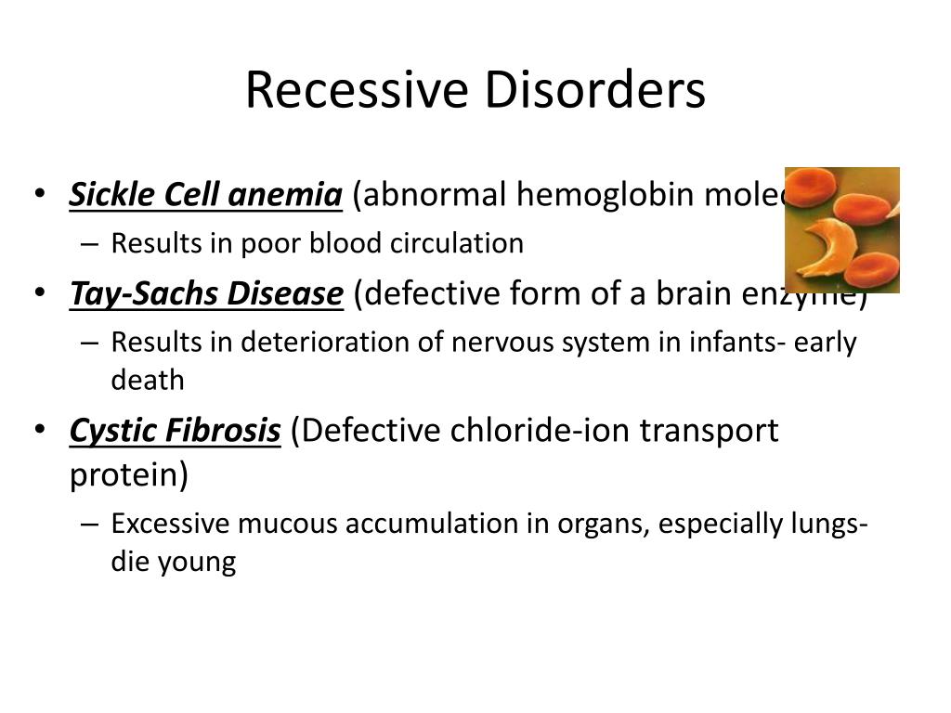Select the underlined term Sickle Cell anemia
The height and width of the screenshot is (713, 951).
206,196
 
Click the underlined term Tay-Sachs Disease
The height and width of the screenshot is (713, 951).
206,294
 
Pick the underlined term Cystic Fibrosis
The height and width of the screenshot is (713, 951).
175,432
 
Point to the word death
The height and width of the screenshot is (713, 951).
148,381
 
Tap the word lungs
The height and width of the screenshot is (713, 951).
827,525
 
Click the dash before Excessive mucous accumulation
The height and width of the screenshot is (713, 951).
88,525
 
